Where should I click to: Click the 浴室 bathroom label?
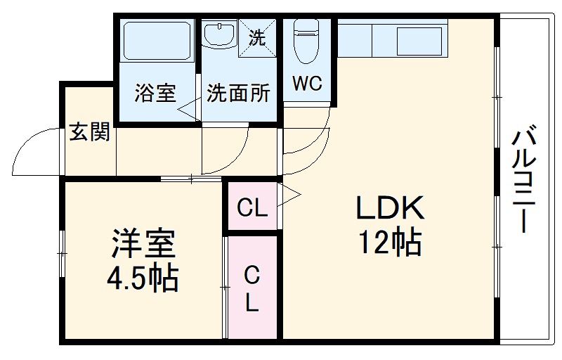tap(156, 94)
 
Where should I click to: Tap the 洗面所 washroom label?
tap(238, 94)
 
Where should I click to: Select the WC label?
tap(307, 84)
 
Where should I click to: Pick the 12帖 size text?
tap(390, 243)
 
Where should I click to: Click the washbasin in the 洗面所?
tap(220, 34)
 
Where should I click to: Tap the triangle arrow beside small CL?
tap(291, 196)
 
